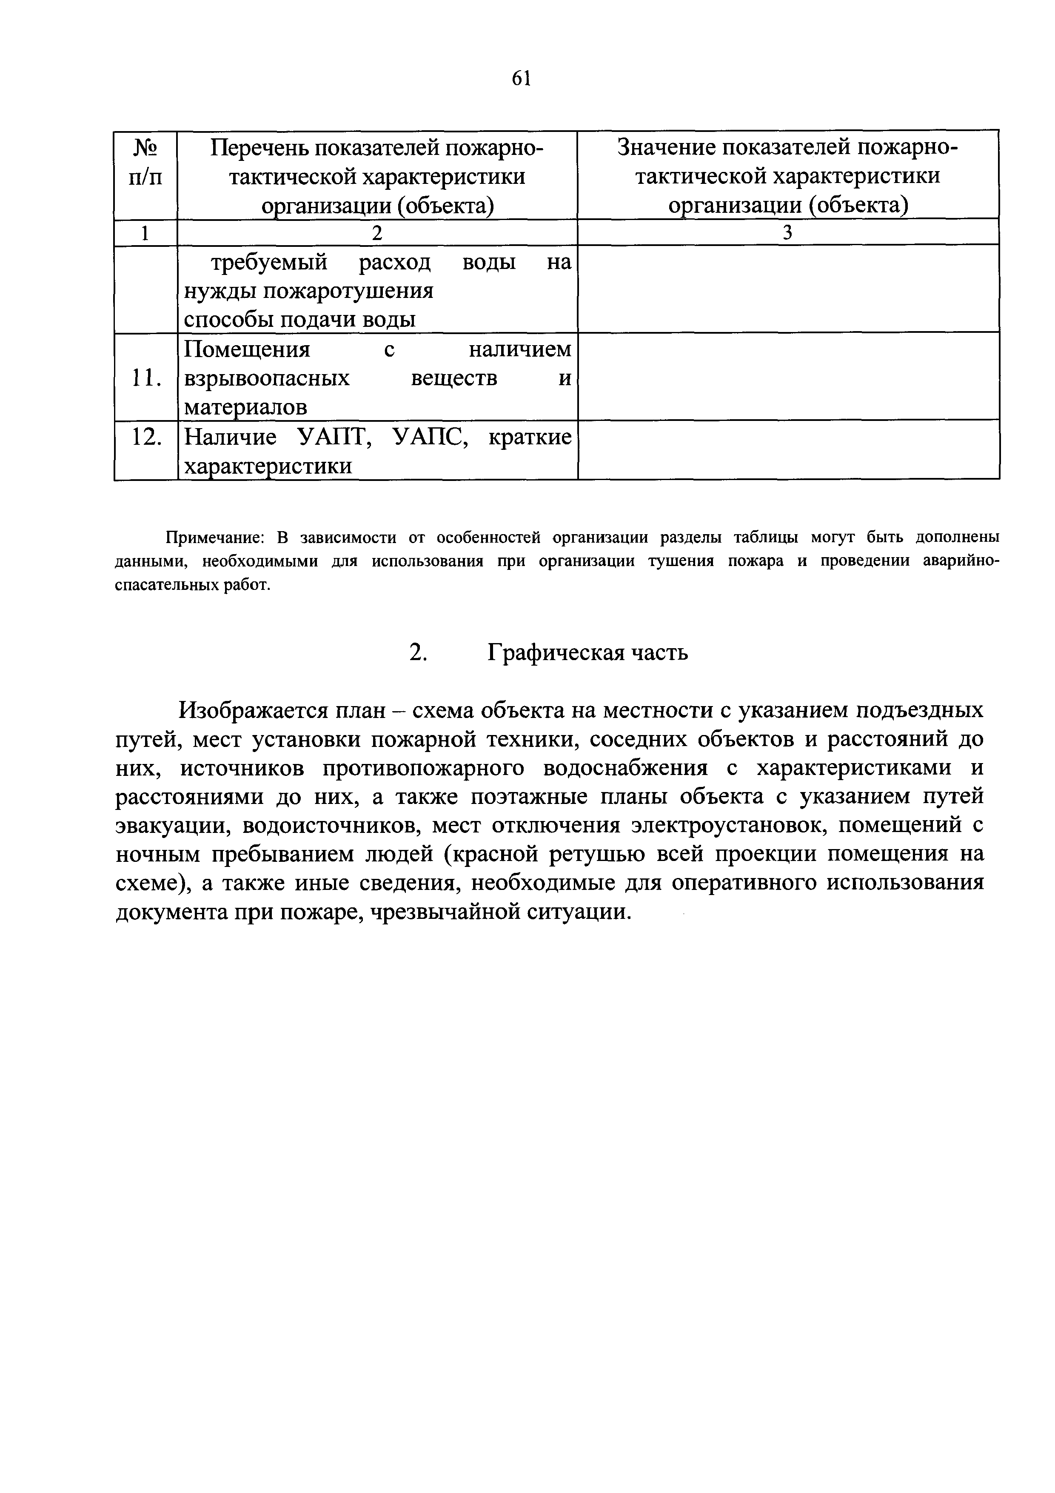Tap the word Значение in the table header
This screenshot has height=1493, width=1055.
click(x=667, y=148)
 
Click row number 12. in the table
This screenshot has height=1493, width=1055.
click(x=145, y=438)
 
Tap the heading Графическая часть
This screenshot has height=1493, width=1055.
click(x=587, y=652)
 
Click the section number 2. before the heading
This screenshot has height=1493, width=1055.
click(x=418, y=652)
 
